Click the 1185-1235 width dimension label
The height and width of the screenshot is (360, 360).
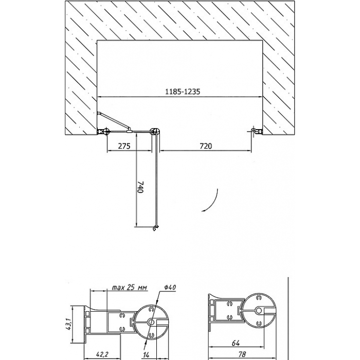point(183,92)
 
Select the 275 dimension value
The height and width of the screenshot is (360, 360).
point(124,146)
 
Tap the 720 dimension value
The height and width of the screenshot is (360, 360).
point(206,146)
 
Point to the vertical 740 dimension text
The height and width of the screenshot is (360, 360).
point(140,187)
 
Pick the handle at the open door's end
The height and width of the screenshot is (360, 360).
point(156,228)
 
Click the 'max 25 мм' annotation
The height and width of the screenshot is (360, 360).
point(129,287)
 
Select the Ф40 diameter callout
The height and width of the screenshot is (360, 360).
point(170,287)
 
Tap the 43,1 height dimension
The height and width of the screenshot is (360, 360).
point(68,323)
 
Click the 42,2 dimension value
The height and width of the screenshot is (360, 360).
point(102,354)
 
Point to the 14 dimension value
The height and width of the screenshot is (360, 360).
point(146,355)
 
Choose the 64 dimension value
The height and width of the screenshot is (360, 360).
point(236,343)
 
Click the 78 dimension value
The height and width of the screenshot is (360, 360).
point(242,354)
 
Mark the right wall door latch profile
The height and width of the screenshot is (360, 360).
point(257,131)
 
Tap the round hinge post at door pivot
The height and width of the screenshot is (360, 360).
point(155,132)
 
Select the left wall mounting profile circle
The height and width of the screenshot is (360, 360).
point(106,132)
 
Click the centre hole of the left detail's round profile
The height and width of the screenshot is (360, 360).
point(151,322)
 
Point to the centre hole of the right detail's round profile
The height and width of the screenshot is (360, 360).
point(259,311)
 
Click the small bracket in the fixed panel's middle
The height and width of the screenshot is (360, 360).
point(129,131)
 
